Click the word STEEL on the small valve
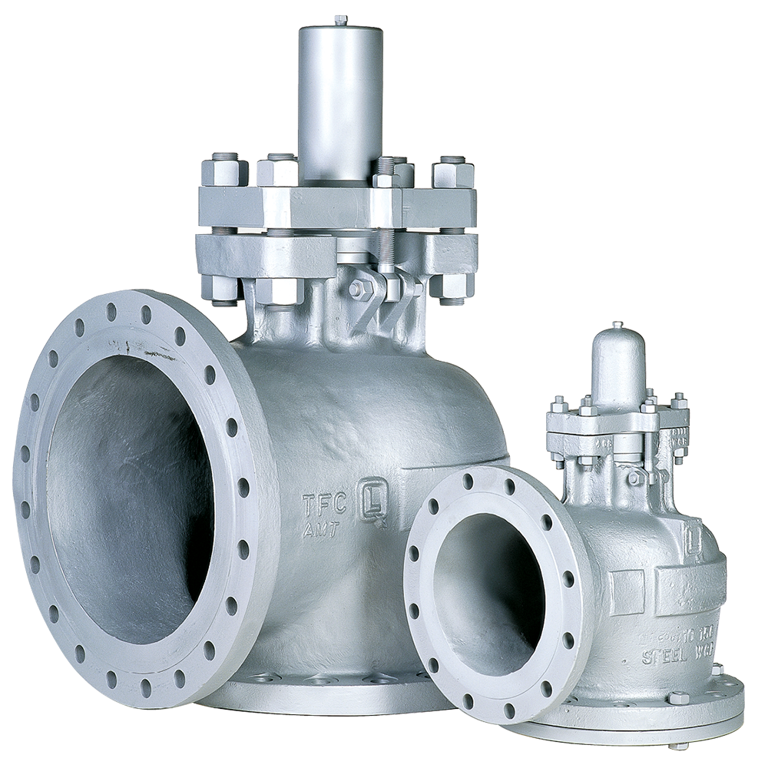coord(662,657)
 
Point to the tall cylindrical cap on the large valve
coord(340,100)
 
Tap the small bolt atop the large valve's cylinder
coord(340,18)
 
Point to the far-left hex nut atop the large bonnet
coord(224,170)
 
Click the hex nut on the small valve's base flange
coord(677,698)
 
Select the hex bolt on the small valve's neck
coord(634,478)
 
